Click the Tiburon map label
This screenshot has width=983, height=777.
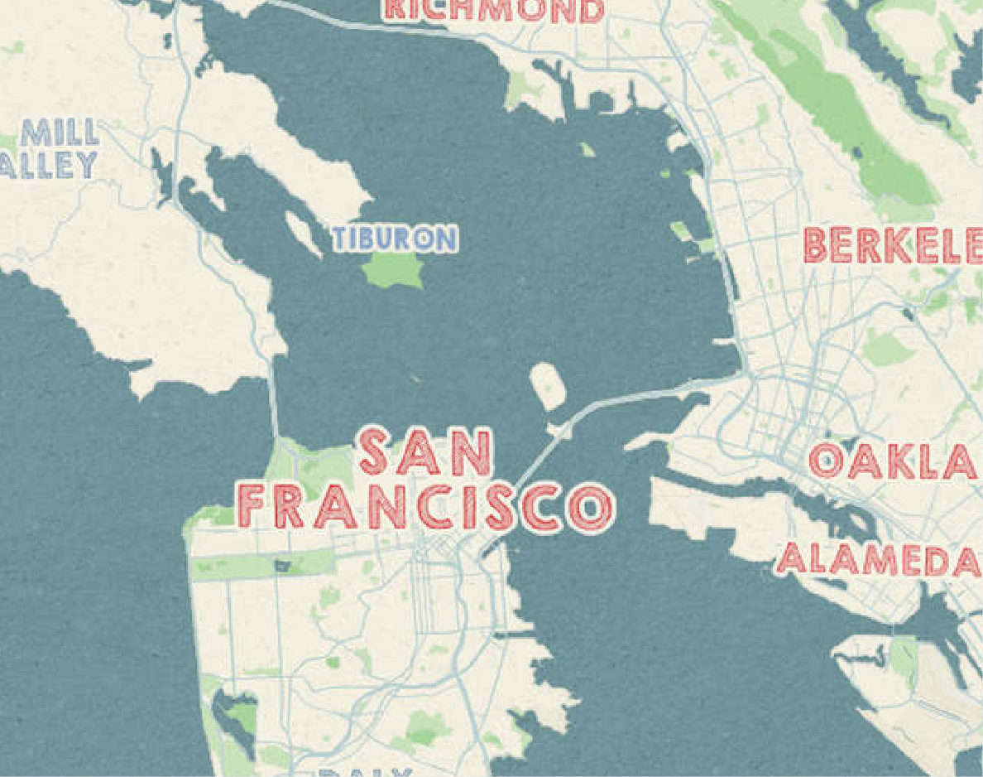point(395,239)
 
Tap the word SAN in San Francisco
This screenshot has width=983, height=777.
point(425,452)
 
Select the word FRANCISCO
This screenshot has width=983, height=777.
point(425,506)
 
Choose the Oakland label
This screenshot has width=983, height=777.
point(894,461)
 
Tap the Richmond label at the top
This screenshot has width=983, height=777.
point(492,10)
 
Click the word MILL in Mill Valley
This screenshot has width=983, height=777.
point(60,133)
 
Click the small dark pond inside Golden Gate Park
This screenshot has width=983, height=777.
point(283,566)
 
